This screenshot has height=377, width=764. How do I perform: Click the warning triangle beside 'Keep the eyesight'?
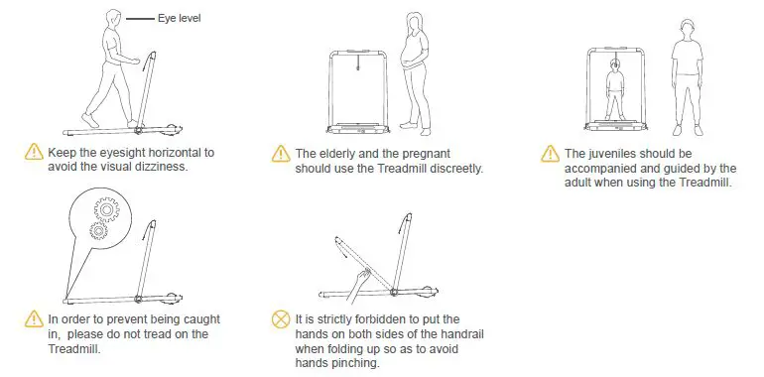pyautogui.click(x=33, y=153)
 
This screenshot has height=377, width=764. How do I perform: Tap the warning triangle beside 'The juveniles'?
pyautogui.click(x=549, y=154)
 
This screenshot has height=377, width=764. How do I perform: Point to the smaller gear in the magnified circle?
pyautogui.click(x=97, y=231)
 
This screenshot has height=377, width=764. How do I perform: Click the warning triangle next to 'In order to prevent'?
pyautogui.click(x=33, y=319)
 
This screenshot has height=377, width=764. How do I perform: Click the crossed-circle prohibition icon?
pyautogui.click(x=282, y=319)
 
